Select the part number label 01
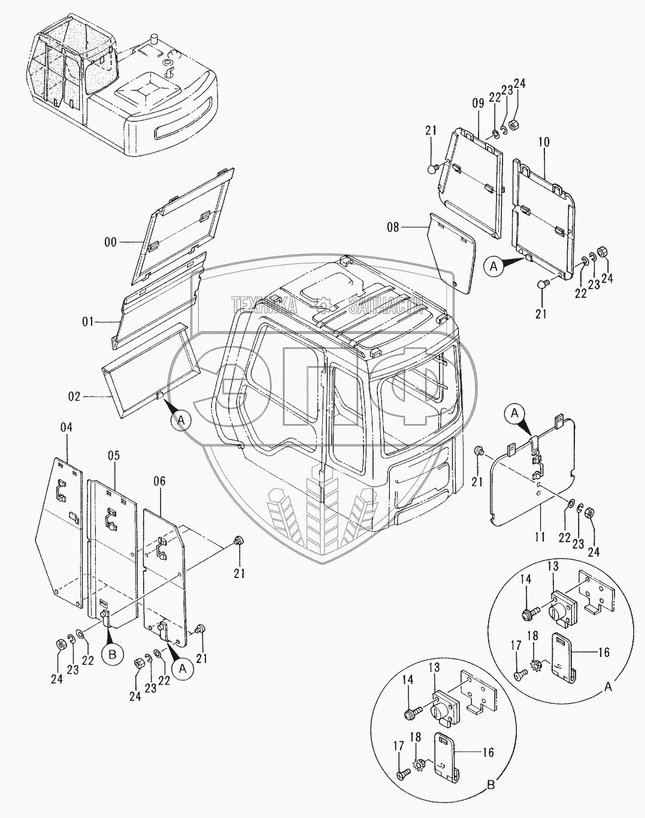point(89,323)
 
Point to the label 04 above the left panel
point(66,428)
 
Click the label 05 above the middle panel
point(114,456)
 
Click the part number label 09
point(477,102)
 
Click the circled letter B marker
point(113,654)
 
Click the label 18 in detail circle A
point(532,636)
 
